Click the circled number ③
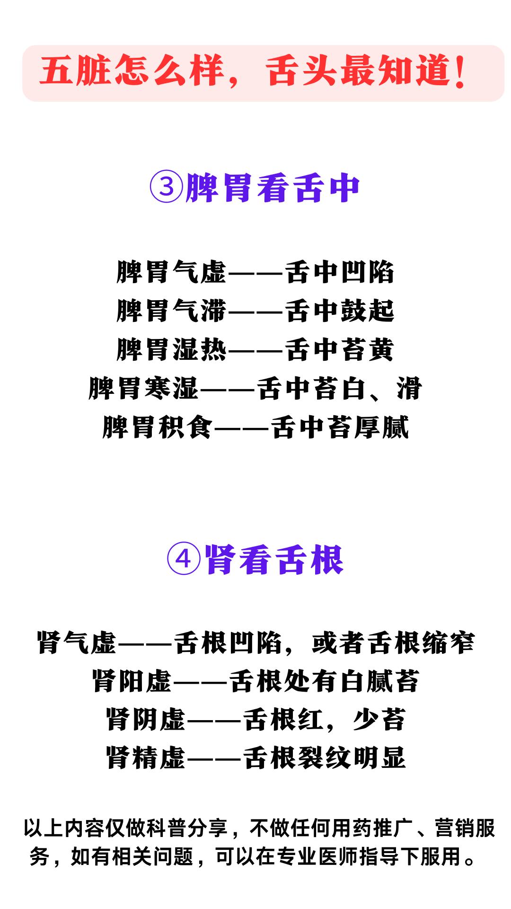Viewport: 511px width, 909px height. (x=166, y=188)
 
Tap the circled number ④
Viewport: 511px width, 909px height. (x=185, y=560)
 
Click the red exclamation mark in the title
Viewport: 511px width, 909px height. (x=459, y=72)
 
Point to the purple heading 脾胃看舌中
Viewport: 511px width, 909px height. (x=273, y=188)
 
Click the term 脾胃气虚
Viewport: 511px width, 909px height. (x=172, y=272)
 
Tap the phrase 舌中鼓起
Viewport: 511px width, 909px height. (x=340, y=311)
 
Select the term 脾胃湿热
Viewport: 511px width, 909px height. (x=172, y=350)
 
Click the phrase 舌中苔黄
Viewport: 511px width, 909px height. (x=340, y=350)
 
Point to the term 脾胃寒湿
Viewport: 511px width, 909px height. (x=143, y=389)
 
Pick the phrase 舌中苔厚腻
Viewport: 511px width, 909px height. (x=340, y=428)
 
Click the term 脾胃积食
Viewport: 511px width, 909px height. (x=158, y=428)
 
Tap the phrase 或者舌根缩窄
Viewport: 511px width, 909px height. (x=393, y=642)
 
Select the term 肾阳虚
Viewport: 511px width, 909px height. (x=132, y=681)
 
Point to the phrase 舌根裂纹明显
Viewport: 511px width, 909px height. (x=325, y=758)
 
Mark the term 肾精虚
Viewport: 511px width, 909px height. (x=146, y=758)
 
